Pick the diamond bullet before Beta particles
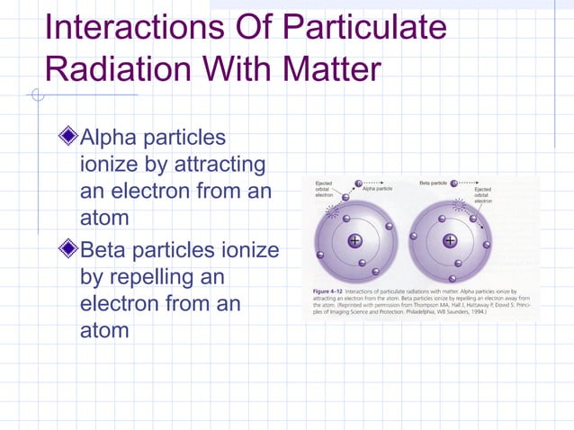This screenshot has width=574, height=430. tap(67, 248)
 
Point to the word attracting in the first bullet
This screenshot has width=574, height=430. tap(215, 166)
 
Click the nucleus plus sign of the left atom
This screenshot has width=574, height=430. tap(354, 241)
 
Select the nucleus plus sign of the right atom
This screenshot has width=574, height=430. tap(449, 241)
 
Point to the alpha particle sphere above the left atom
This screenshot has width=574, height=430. tap(357, 184)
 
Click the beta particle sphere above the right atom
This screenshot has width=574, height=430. tap(454, 184)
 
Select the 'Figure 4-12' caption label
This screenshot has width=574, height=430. tap(323, 292)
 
